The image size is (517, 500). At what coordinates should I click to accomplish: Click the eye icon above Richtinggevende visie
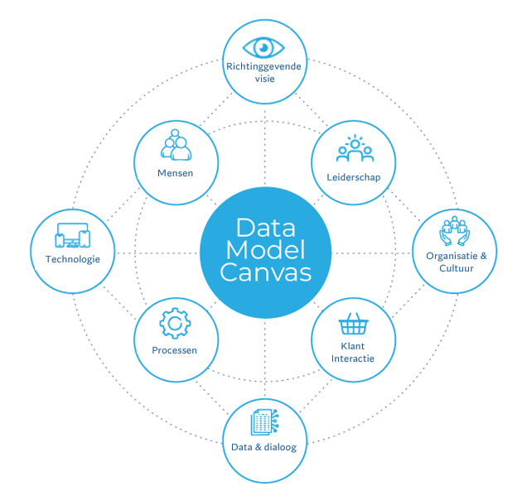(x=263, y=46)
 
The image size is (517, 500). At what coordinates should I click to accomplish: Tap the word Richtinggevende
(x=263, y=65)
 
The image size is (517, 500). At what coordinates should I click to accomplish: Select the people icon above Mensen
(x=176, y=145)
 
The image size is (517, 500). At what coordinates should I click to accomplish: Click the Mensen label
(x=176, y=172)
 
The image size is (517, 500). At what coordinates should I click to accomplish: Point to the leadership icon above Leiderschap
(x=355, y=149)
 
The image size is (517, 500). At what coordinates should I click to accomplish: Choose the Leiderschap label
(x=355, y=177)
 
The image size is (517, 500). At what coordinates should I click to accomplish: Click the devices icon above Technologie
(x=72, y=235)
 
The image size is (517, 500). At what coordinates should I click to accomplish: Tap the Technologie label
(x=73, y=259)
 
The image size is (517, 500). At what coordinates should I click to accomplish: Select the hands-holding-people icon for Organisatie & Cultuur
(x=455, y=233)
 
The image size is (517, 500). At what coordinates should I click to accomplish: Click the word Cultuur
(x=456, y=268)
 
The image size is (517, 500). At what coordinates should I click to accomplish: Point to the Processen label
(x=175, y=350)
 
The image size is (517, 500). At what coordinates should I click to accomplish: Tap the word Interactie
(x=353, y=358)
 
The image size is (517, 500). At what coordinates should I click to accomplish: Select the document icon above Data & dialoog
(x=265, y=423)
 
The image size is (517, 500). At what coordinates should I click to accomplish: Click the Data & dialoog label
(x=265, y=448)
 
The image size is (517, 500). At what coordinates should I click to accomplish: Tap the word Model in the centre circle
(x=266, y=249)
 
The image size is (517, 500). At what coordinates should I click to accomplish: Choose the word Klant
(x=353, y=346)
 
